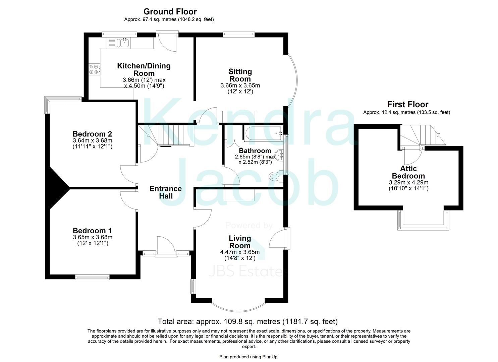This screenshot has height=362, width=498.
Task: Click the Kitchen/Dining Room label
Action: pyautogui.click(x=144, y=69)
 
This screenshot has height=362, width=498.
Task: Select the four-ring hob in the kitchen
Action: pyautogui.click(x=94, y=69)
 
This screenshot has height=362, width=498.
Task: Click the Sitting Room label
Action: pyautogui.click(x=240, y=75)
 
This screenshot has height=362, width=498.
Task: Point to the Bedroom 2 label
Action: pyautogui.click(x=92, y=134)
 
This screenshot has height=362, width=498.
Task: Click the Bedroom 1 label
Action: pyautogui.click(x=92, y=231)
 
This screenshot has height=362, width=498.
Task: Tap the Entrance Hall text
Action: pyautogui.click(x=166, y=192)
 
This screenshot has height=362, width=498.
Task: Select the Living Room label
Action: pyautogui.click(x=240, y=242)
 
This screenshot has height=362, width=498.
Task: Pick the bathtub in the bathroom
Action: pyautogui.click(x=263, y=133)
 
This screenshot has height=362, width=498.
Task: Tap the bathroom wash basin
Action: pyautogui.click(x=280, y=155)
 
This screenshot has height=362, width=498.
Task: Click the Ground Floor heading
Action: pyautogui.click(x=170, y=12)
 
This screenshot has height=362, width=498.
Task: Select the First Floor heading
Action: pyautogui.click(x=407, y=104)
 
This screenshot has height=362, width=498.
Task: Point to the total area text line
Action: pyautogui.click(x=247, y=322)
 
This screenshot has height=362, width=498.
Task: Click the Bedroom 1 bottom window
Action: pyautogui.click(x=92, y=277)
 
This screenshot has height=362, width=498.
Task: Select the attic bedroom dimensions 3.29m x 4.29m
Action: pyautogui.click(x=408, y=182)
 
